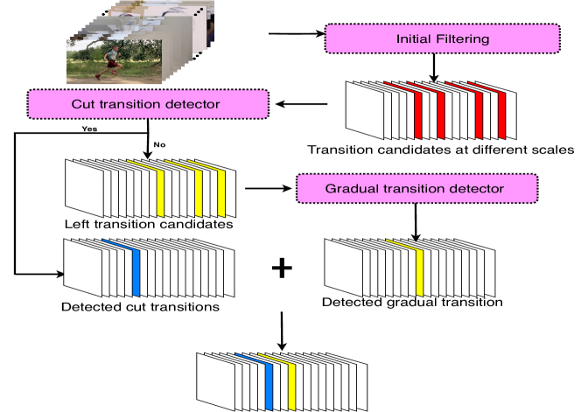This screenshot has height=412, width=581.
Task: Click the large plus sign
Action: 281,269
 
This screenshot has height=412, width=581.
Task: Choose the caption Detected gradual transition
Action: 411,303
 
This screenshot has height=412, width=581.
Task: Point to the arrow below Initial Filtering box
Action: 433,67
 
